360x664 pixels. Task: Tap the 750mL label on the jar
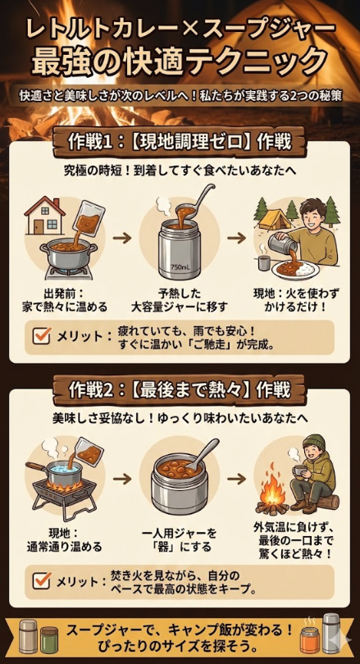click(180, 268)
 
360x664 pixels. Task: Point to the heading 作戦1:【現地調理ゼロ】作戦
click(180, 141)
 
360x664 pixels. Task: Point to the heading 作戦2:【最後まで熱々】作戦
click(180, 387)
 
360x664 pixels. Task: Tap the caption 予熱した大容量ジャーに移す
click(180, 299)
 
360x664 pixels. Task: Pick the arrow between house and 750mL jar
click(121, 238)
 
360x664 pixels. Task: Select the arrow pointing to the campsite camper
click(237, 238)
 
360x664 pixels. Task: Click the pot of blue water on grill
click(62, 471)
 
